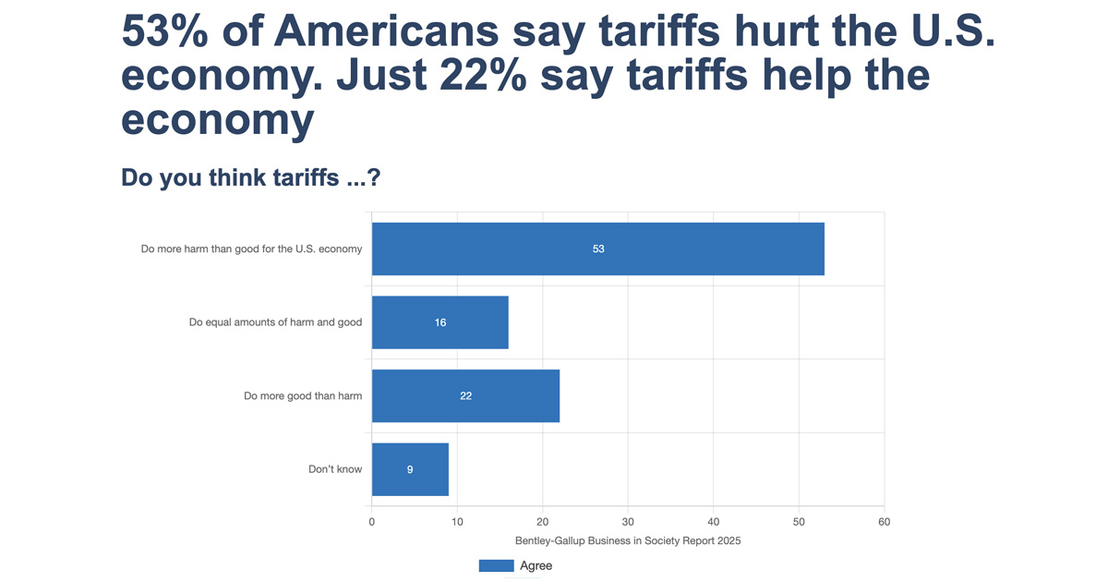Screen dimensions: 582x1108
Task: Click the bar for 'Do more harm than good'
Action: (x=597, y=249)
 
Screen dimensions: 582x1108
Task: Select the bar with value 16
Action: (x=440, y=322)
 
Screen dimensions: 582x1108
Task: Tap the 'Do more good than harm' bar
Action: (x=465, y=395)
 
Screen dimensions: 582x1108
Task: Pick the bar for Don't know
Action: (x=410, y=469)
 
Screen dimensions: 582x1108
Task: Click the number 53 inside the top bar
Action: (x=598, y=249)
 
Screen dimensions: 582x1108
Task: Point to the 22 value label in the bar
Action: (x=466, y=396)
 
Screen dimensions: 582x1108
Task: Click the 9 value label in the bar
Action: (x=410, y=470)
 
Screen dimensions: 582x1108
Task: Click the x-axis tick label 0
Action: (x=372, y=522)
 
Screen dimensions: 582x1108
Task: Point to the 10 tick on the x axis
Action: (x=457, y=522)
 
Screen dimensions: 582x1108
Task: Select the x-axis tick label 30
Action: (x=628, y=522)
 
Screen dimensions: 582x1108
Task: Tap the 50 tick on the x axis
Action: (x=799, y=522)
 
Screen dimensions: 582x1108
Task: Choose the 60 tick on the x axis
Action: (x=885, y=522)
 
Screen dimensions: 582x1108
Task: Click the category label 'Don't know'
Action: (x=335, y=469)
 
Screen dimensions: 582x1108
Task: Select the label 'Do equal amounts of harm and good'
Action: (x=275, y=322)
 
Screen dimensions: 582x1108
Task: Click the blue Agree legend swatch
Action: (x=496, y=565)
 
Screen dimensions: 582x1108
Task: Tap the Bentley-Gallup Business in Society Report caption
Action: (x=627, y=541)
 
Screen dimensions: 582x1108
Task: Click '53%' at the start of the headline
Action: (x=172, y=32)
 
